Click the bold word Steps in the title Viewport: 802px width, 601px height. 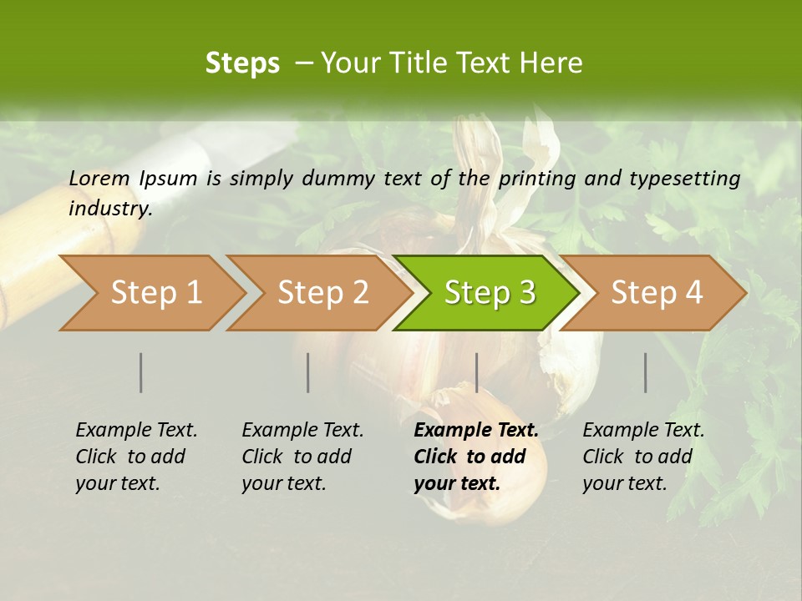click(242, 63)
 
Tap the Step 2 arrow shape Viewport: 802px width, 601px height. click(321, 293)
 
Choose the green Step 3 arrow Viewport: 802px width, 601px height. click(488, 293)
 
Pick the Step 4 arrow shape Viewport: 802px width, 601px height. click(657, 293)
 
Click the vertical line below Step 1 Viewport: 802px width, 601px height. click(141, 372)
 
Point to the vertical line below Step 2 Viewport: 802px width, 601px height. click(308, 372)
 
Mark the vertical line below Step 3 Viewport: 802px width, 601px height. click(476, 372)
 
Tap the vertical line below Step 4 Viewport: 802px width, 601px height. click(646, 372)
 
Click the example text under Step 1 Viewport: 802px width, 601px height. click(136, 457)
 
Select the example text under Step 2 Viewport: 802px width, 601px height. click(302, 457)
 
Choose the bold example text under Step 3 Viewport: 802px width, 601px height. click(475, 457)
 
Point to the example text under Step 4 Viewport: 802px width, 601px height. click(643, 457)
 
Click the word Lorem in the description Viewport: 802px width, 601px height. click(99, 178)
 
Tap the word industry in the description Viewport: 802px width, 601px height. click(110, 209)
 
